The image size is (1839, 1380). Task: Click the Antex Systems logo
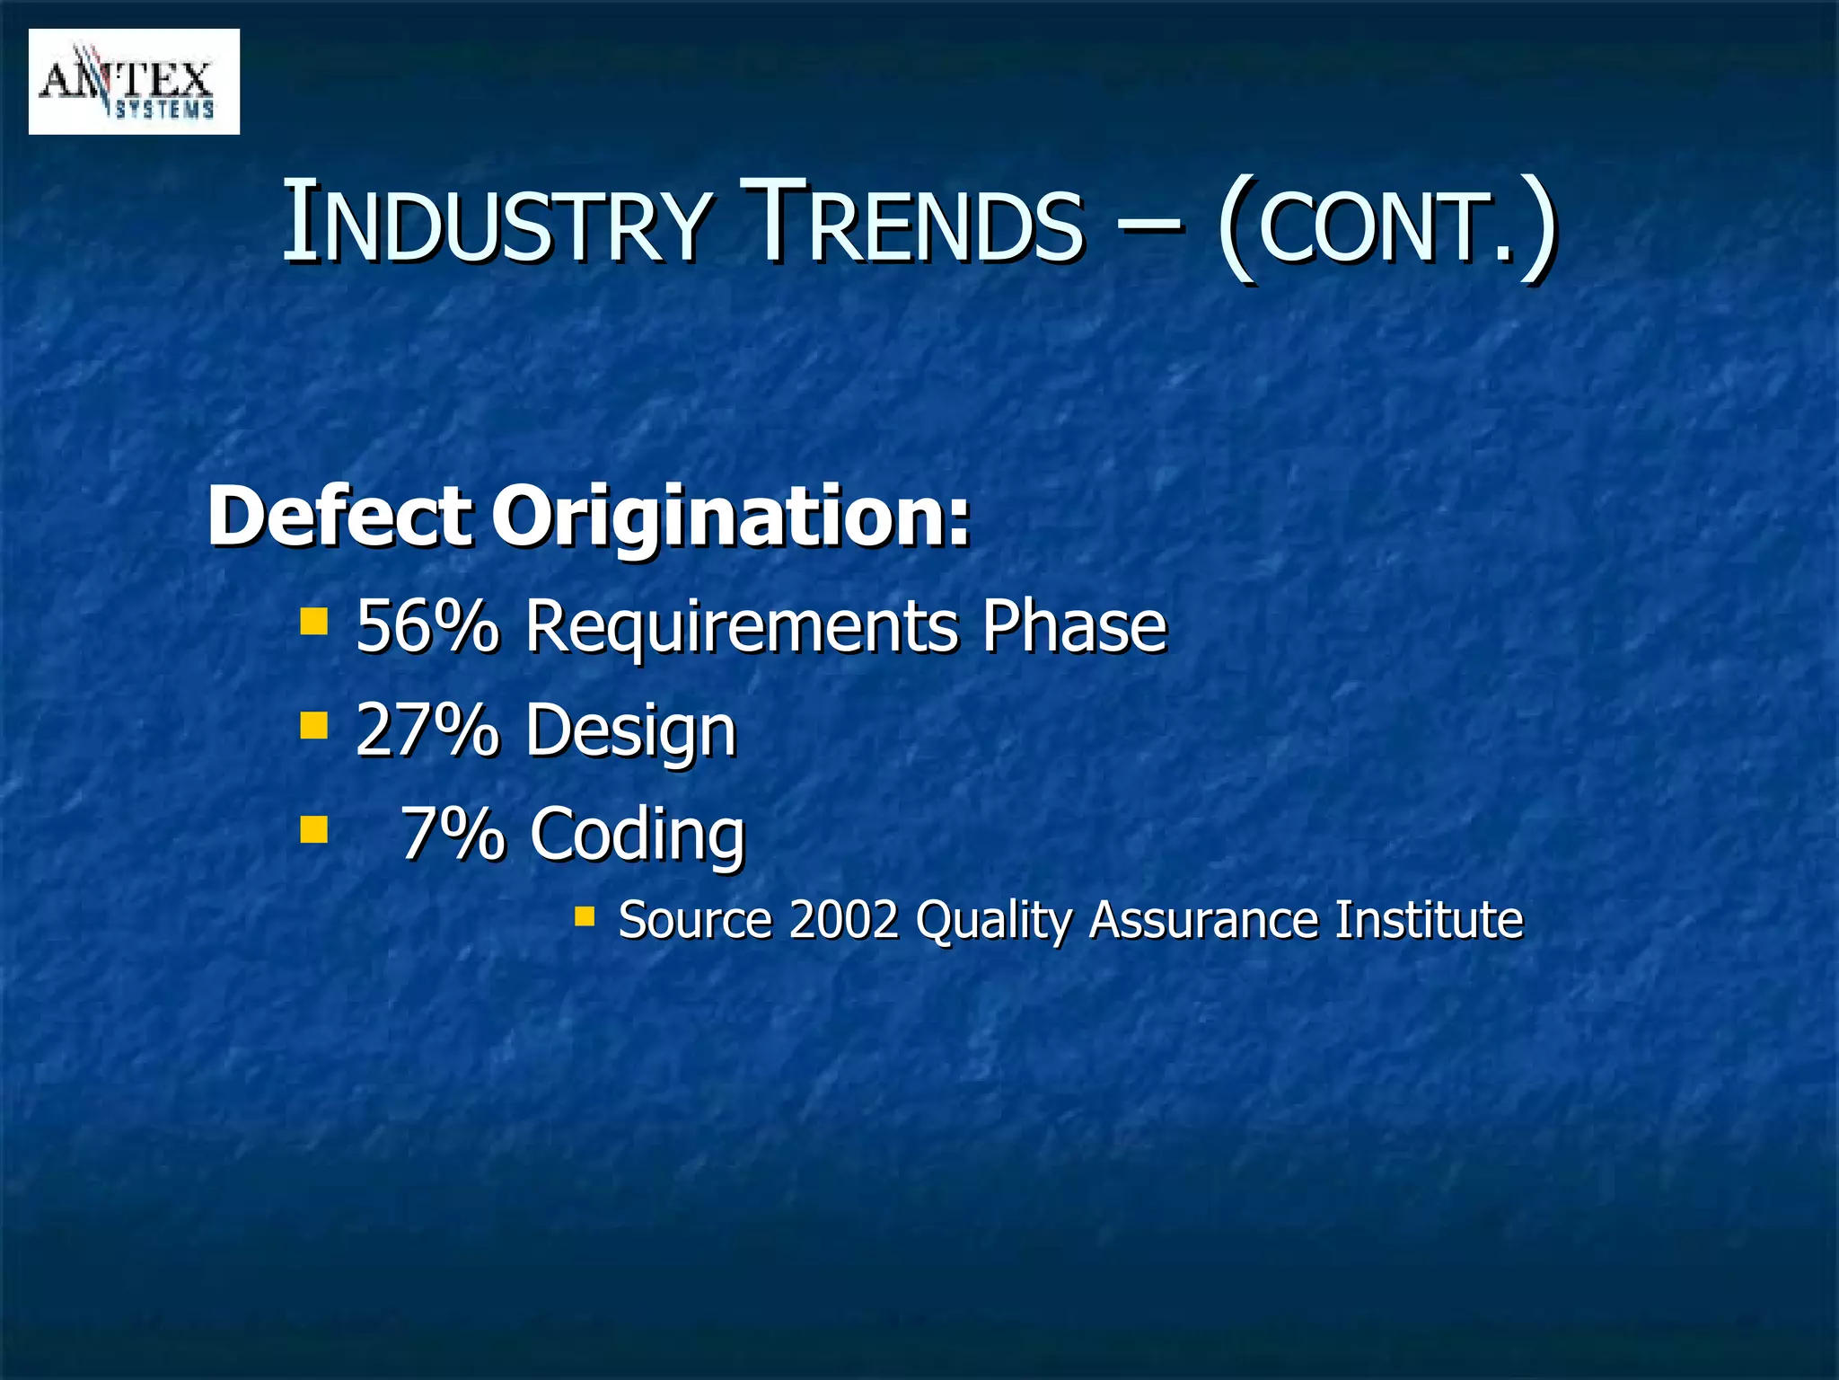point(134,82)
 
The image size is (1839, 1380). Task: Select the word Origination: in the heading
point(732,518)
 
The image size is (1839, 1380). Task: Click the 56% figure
point(427,625)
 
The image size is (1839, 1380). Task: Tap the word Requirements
point(743,627)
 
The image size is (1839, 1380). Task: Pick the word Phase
point(1073,625)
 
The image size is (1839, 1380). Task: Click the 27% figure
point(427,730)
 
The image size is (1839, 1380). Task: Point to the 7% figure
point(453,833)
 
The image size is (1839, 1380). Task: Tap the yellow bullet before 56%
point(313,621)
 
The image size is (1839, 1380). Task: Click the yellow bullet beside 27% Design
point(313,724)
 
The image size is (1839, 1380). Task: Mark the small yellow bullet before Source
point(585,916)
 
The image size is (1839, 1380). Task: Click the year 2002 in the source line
point(843,919)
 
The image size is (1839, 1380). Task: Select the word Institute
point(1429,919)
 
